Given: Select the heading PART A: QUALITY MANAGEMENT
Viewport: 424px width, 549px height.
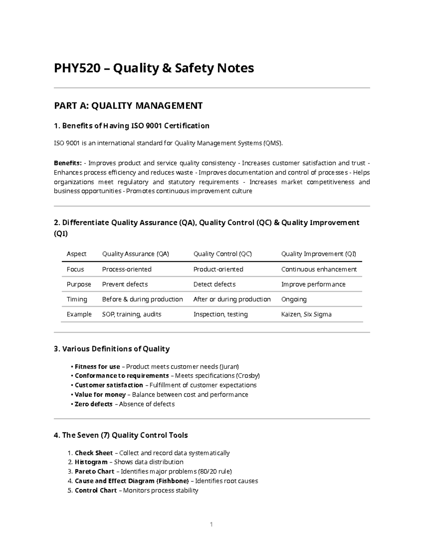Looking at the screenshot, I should click(x=128, y=106).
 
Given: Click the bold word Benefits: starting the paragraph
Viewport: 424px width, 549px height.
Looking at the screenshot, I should click(x=67, y=163).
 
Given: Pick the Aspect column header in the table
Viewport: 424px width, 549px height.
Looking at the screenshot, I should click(x=76, y=254).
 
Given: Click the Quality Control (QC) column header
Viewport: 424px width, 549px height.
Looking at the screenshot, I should click(x=222, y=254).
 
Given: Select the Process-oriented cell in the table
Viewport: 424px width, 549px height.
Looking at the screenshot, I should click(x=126, y=269).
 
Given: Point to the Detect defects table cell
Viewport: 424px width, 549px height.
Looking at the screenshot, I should click(x=214, y=284).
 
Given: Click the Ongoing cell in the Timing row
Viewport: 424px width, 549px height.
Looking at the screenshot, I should click(x=294, y=299).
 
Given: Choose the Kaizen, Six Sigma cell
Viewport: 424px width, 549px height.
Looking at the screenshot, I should click(x=306, y=314).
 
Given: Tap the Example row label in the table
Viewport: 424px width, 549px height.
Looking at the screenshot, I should click(x=79, y=314).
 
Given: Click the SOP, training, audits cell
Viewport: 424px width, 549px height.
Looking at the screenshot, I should click(x=131, y=314).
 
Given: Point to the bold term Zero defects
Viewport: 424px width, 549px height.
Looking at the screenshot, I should click(x=94, y=404).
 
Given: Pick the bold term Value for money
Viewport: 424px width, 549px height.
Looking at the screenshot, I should click(x=100, y=395).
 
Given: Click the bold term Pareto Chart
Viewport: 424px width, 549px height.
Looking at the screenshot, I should click(x=94, y=472).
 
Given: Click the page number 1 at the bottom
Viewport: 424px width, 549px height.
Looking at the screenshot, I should click(x=211, y=525).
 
